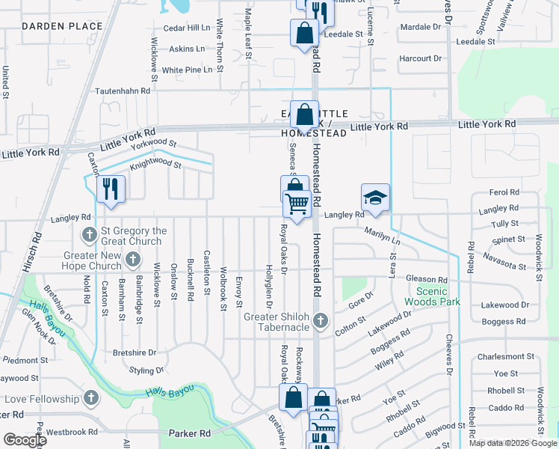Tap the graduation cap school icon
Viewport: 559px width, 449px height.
375,197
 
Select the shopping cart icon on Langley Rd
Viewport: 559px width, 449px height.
297,203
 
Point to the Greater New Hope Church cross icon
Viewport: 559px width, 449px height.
133,260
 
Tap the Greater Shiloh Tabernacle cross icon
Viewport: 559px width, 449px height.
321,320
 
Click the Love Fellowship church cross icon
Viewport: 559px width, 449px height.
91,397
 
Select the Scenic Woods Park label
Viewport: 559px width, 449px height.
432,296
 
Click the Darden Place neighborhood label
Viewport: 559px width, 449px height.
62,26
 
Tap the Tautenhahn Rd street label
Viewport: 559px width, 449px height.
123,91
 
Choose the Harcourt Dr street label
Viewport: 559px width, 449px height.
421,58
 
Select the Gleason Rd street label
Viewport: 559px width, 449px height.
427,279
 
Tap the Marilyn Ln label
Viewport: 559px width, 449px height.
383,236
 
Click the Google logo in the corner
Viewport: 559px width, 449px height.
24,440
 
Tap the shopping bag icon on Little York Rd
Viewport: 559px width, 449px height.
304,116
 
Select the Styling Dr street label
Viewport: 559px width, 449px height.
152,370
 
